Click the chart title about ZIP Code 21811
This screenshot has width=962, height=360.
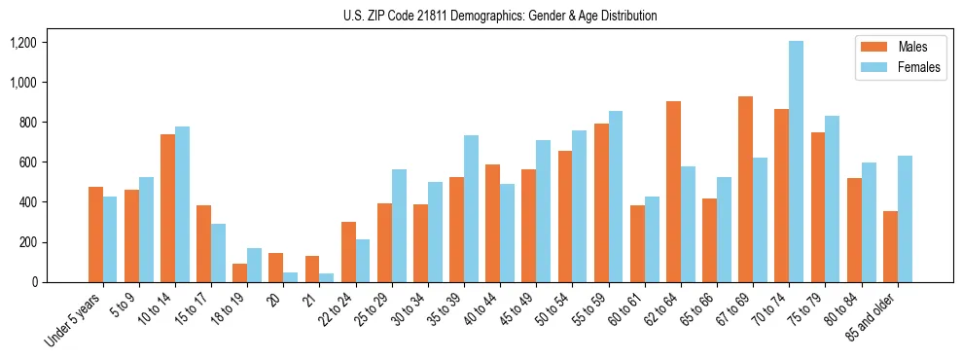tap(500, 16)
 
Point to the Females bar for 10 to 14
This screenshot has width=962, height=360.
tap(182, 204)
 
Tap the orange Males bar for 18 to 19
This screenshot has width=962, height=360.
tap(239, 272)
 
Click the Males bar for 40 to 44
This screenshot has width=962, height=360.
tap(492, 223)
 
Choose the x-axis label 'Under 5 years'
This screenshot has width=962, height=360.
tap(75, 317)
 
